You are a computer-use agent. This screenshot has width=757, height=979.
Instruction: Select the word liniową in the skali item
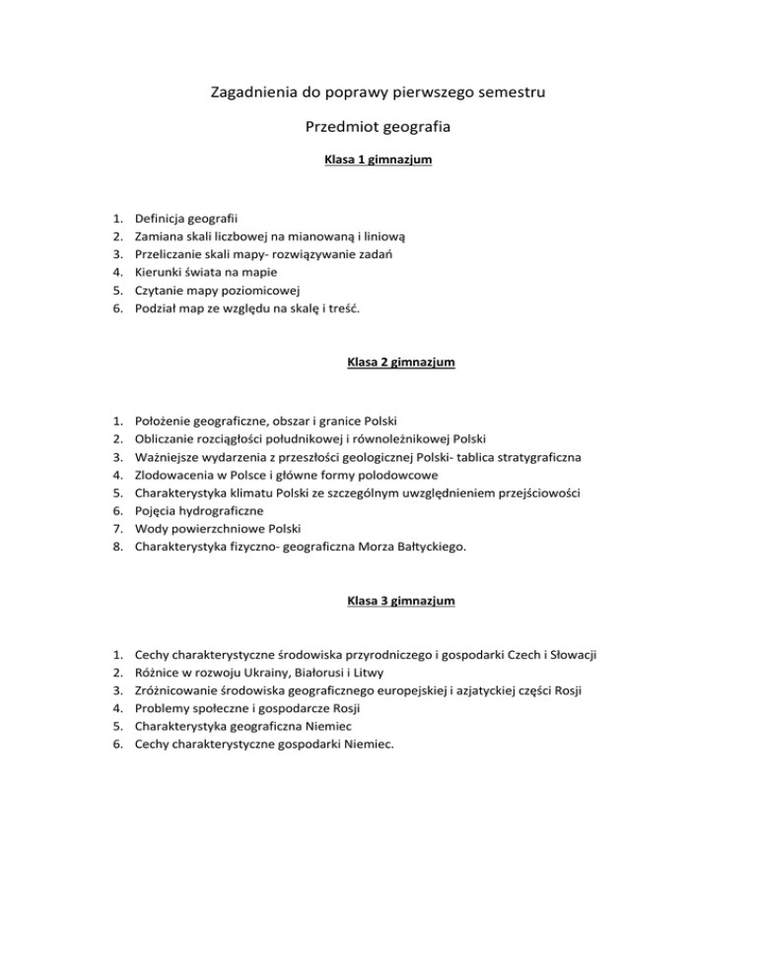pyautogui.click(x=397, y=236)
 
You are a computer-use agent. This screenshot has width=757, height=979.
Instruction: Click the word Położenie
pyautogui.click(x=163, y=421)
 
